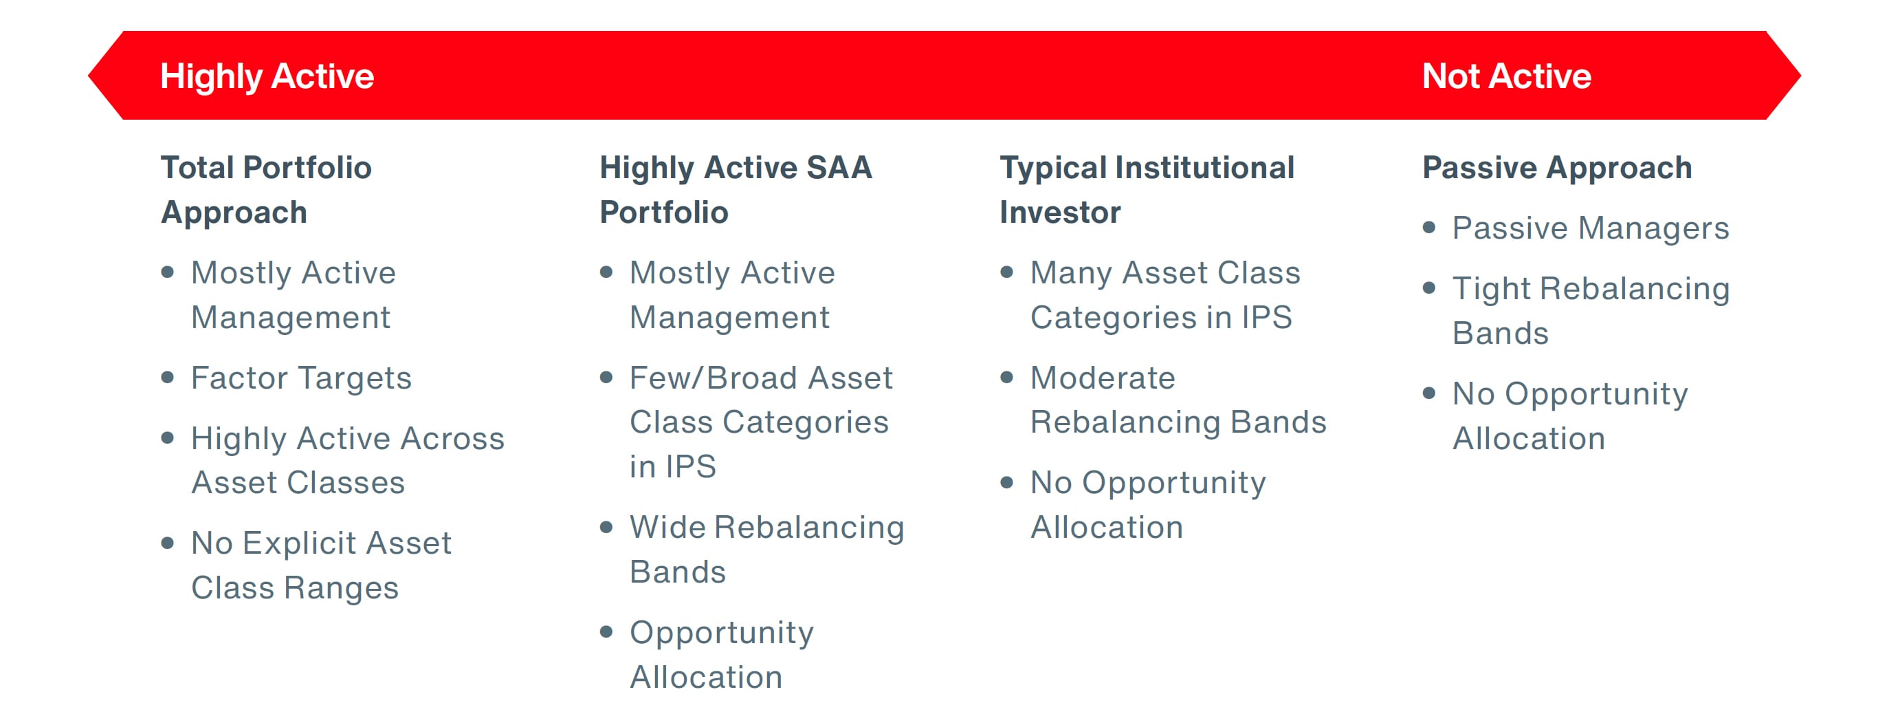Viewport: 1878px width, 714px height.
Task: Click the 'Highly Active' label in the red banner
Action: pos(267,76)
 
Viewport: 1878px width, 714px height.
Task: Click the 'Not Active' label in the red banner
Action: pos(1506,76)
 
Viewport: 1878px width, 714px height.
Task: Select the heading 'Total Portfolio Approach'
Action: pos(266,190)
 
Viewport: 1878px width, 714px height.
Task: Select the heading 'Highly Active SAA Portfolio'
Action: pos(735,190)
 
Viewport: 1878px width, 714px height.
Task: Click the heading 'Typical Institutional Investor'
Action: pos(1146,190)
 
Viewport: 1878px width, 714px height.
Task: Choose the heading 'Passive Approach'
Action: pos(1556,168)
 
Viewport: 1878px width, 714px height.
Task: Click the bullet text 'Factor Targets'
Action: pos(301,378)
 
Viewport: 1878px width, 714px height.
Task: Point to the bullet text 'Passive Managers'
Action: pos(1590,228)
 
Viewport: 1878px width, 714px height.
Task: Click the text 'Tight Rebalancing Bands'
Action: pos(1590,311)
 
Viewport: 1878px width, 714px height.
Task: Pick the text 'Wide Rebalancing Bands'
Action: pos(766,548)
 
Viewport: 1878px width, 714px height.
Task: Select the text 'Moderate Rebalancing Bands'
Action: pos(1177,400)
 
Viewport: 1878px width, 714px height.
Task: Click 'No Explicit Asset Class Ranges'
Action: pos(321,565)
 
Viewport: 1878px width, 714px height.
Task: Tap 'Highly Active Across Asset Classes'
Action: pos(347,460)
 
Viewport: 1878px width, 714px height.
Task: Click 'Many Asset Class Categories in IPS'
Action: pos(1164,294)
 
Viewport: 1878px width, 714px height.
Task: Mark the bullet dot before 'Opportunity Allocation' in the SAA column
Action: pos(606,631)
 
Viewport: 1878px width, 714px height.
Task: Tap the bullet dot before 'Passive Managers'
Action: pos(1429,228)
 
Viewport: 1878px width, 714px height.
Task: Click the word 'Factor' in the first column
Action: pos(240,378)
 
